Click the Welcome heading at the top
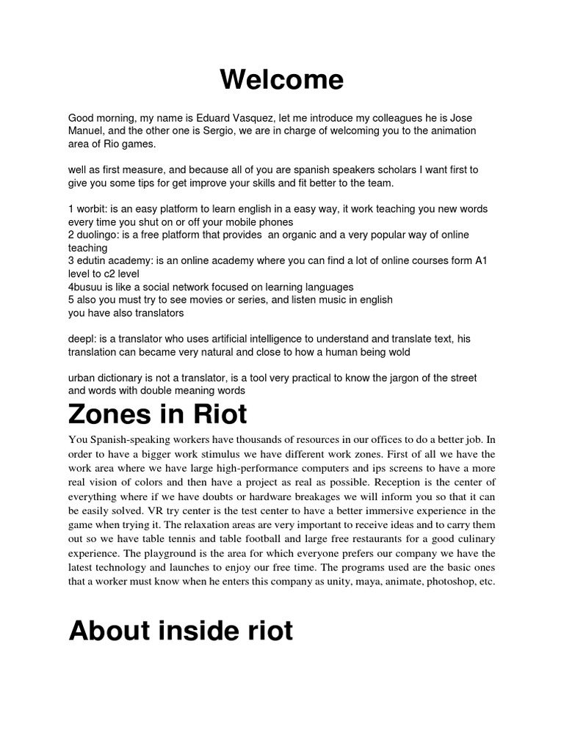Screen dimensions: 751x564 [282, 80]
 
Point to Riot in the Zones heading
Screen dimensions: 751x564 [218, 415]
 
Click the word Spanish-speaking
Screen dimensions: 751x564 [130, 439]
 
